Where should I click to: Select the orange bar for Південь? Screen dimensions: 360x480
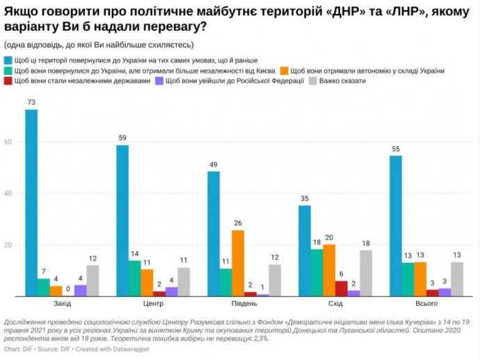tap(238, 263)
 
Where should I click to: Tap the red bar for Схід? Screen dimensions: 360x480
tap(341, 288)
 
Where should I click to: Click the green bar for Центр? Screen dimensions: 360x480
tap(134, 279)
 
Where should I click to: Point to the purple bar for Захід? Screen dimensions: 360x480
tap(81, 291)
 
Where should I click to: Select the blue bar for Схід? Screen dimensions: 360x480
tap(305, 251)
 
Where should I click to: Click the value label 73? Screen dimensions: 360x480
tap(31, 103)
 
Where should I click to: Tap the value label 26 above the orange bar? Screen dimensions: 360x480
tap(238, 223)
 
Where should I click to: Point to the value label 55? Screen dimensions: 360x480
tap(396, 149)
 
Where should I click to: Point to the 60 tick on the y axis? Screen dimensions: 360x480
tap(8, 142)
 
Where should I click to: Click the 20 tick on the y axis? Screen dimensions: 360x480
tap(8, 245)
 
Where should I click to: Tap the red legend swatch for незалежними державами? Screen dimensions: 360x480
tap(8, 81)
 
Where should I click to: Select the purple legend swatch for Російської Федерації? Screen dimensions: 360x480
tap(159, 81)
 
